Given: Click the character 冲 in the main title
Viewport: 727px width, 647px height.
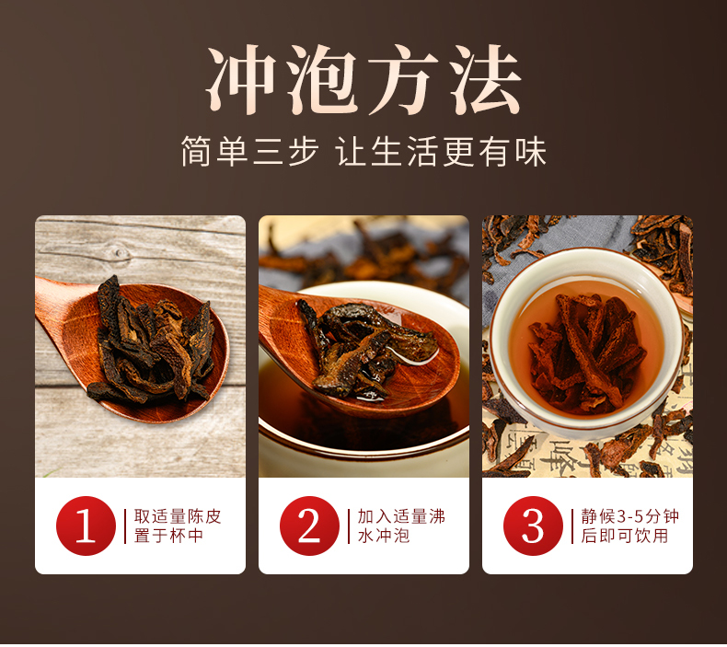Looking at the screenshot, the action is pos(241,80).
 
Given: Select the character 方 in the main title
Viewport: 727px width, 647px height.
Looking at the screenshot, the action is pos(403,80).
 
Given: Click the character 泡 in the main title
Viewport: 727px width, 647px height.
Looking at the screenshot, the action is pos(322,80).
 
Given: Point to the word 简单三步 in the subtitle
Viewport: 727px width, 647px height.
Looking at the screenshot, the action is pos(250,152).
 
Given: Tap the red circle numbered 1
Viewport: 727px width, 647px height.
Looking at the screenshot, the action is pos(86,526).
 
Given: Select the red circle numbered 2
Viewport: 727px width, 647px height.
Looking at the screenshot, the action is pos(309,526).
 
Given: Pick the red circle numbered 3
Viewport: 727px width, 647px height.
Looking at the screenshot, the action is pos(533,526).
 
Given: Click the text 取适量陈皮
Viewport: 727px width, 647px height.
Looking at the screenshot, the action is pos(178,516).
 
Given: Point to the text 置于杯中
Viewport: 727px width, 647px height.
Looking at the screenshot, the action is pos(168,536).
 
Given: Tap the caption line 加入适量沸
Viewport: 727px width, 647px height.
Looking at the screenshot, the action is pos(401,516).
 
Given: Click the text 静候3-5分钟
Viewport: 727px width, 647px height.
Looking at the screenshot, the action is pos(630,516).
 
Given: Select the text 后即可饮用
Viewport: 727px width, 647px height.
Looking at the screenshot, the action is pos(625,536).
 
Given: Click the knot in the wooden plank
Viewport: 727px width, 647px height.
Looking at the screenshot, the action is pos(120,253).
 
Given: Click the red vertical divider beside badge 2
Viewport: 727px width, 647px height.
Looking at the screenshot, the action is pos(349,526).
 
